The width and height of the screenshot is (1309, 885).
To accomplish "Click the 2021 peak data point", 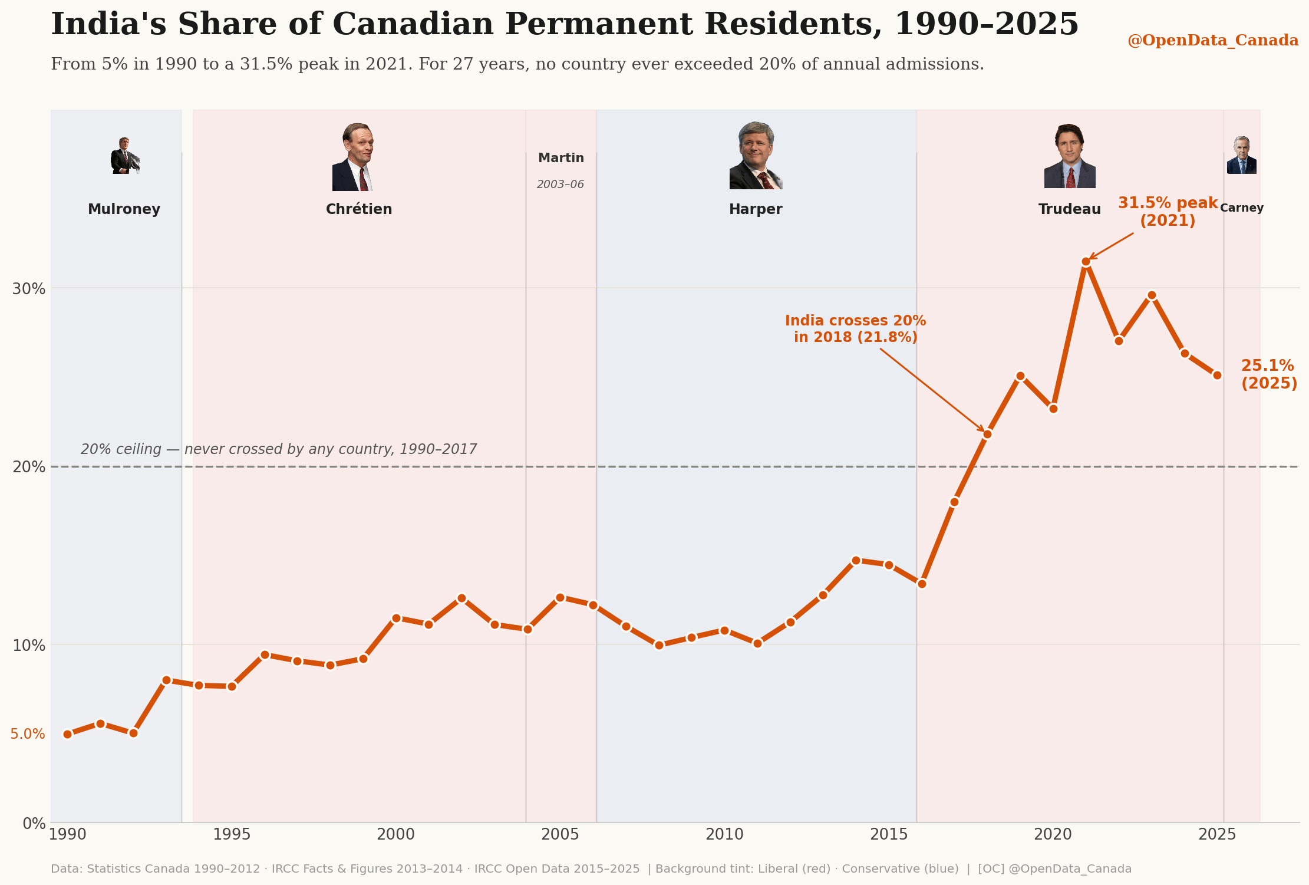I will pos(1086,262).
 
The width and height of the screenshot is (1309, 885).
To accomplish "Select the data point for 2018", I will pos(987,435).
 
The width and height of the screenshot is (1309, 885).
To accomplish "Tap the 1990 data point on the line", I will pos(67,734).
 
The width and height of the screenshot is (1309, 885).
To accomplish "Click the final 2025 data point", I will pos(1217,376).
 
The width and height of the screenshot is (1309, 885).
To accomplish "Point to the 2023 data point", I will pos(1152,295).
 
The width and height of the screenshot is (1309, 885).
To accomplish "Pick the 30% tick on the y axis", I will pos(29,289).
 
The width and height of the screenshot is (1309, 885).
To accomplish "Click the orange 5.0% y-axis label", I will pos(28,734).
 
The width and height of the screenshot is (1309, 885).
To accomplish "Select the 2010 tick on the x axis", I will pos(724,834).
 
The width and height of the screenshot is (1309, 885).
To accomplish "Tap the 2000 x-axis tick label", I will pos(395,834).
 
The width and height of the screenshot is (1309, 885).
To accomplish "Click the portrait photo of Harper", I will pos(756,156).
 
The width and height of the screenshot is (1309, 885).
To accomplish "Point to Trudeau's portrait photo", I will pos(1070,156).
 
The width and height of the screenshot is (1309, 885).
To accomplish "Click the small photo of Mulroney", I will pos(125,156).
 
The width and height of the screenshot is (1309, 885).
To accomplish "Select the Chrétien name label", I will pos(359,209).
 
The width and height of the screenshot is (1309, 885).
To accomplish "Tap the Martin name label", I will pos(561,158).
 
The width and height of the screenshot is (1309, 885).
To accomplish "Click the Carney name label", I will pos(1242,208).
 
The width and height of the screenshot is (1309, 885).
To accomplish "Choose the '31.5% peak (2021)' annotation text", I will pos(1168,212).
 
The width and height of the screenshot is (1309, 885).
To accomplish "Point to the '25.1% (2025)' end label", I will pos(1269,374).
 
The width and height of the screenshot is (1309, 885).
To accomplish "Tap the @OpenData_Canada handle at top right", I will pos(1213,41).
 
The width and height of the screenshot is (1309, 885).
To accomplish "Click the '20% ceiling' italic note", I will pos(279,449).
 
